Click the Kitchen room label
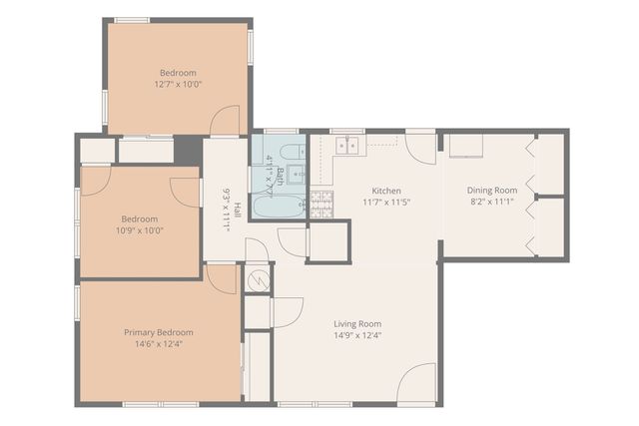[x=386, y=191]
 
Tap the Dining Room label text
[x=492, y=191]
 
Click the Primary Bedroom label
[x=159, y=332]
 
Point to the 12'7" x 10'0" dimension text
[x=178, y=85]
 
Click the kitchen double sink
[x=347, y=146]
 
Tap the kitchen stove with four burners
[x=320, y=204]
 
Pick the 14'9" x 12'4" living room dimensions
[x=356, y=336]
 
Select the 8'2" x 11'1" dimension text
[x=492, y=202]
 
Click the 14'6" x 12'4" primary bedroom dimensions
[x=159, y=344]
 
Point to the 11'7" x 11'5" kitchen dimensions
[x=386, y=202]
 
